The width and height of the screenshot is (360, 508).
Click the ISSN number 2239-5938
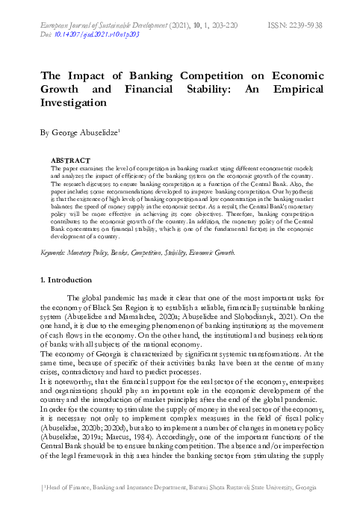point(308,25)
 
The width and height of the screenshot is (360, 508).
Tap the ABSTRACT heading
point(69,160)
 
